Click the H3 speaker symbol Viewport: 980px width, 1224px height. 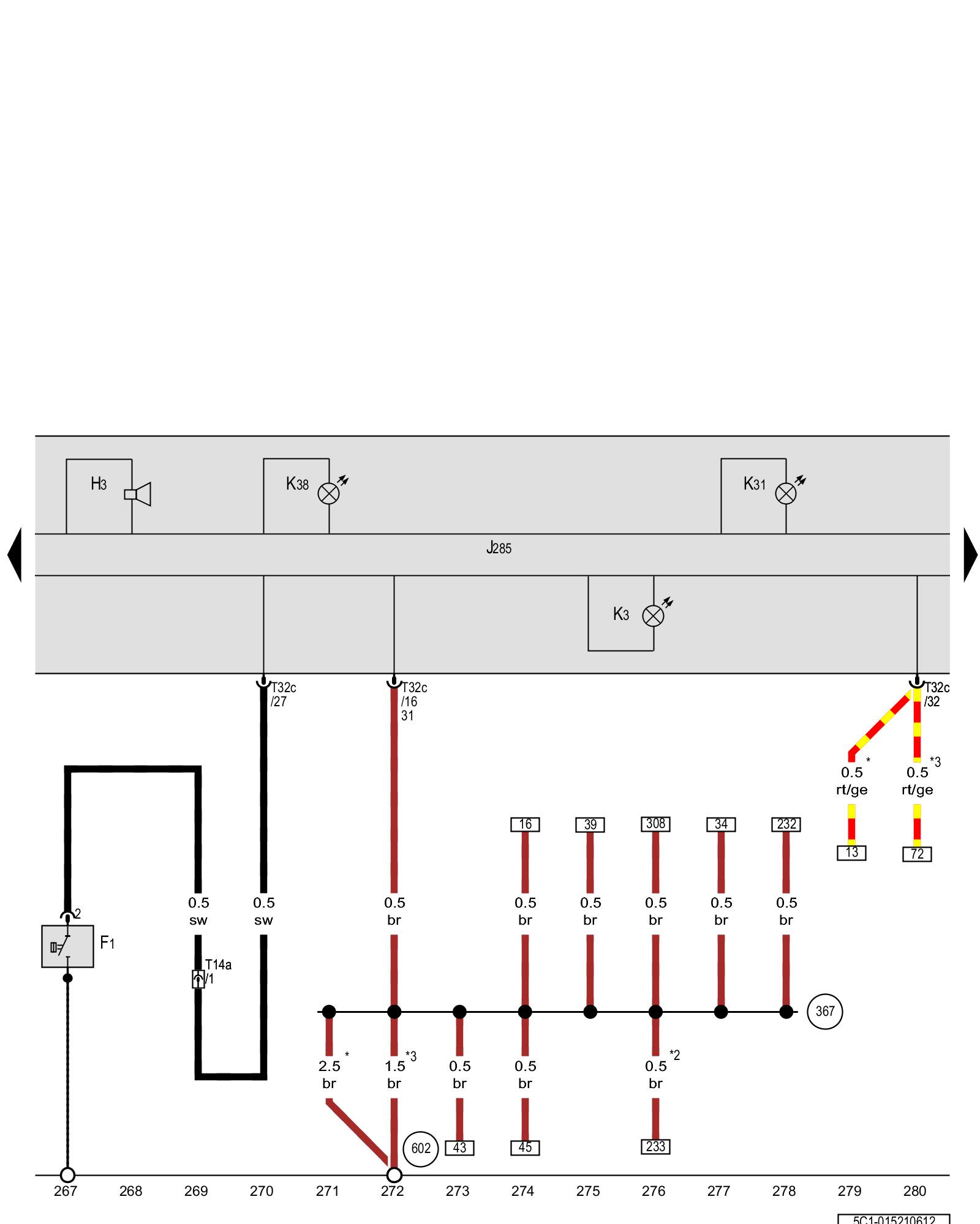138,494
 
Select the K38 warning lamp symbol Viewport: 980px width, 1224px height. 329,493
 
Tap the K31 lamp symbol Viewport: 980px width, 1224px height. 786,493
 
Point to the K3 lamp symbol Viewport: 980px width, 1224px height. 653,616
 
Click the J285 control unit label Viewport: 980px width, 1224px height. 499,548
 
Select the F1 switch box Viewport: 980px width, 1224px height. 67,946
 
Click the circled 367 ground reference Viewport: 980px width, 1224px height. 824,1012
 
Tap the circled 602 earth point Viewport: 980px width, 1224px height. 421,1148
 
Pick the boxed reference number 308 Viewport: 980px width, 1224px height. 655,824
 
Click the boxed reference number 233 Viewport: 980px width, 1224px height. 655,1146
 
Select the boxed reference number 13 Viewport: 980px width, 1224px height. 851,853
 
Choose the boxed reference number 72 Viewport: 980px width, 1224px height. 917,854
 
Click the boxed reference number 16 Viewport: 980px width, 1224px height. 525,824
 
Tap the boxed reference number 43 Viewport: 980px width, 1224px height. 459,1148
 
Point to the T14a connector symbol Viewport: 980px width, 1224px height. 198,979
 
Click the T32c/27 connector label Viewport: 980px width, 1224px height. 283,695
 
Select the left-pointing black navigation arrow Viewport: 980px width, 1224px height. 15,554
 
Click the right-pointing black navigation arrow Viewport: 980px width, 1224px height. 970,554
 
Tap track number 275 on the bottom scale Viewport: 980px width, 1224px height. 588,1191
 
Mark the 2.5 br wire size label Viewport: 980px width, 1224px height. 329,1075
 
